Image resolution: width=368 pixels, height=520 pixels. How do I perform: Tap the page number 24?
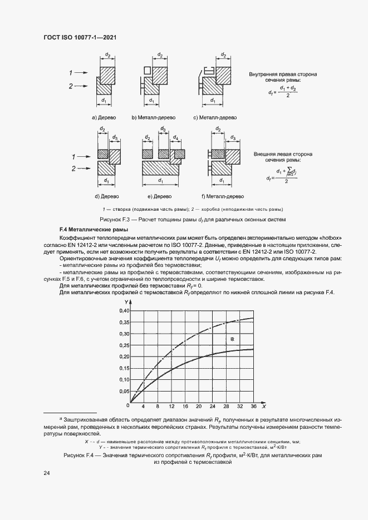coord(46,473)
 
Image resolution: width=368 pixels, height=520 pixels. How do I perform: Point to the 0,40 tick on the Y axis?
coord(123,310)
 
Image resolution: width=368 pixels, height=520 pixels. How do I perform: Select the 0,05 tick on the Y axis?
coord(123,392)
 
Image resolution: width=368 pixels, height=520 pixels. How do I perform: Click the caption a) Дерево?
coord(104,118)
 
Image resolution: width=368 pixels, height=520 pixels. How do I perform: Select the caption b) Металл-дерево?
coord(153,118)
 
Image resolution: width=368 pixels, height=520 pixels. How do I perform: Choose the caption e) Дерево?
coord(160,196)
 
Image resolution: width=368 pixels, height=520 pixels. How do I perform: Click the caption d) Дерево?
coord(105,196)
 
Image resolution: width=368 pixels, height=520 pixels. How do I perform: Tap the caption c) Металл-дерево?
coord(215,118)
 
